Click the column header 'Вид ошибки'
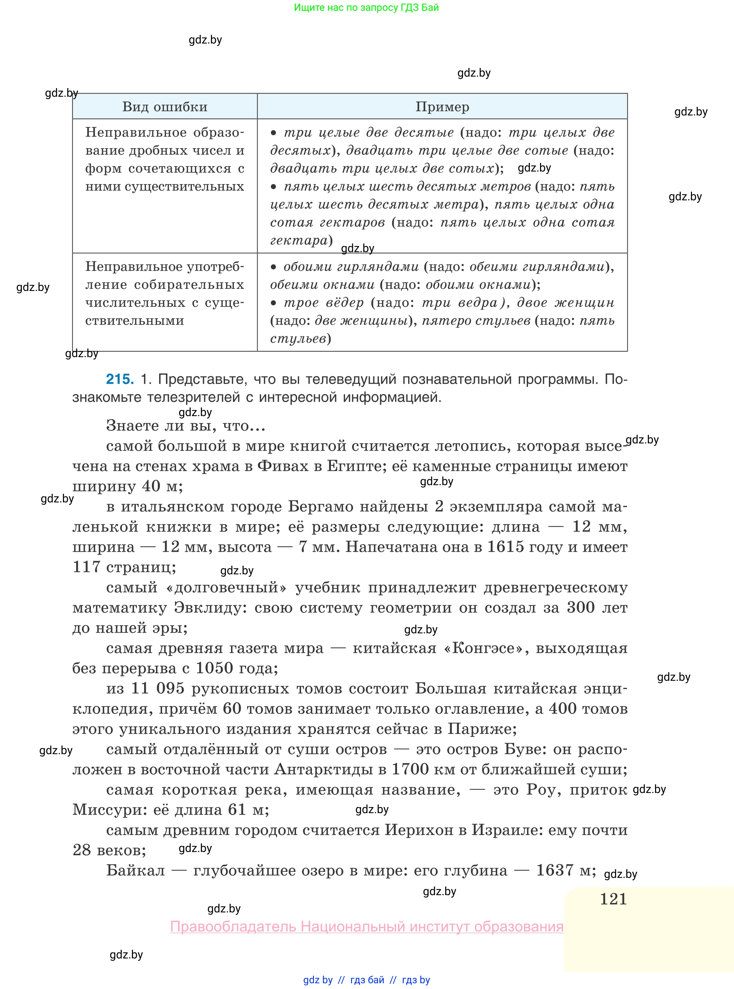coord(165,107)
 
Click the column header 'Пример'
coord(442,107)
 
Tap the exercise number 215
coord(120,379)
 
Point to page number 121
coord(613,899)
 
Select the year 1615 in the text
coord(506,547)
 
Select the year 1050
coord(214,668)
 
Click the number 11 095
coord(158,689)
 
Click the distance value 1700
coord(410,769)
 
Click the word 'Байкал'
coord(135,871)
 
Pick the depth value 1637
coord(555,871)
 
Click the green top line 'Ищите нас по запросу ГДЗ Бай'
coord(366,8)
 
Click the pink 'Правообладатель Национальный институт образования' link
coord(366,927)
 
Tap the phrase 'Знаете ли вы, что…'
coord(186,426)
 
